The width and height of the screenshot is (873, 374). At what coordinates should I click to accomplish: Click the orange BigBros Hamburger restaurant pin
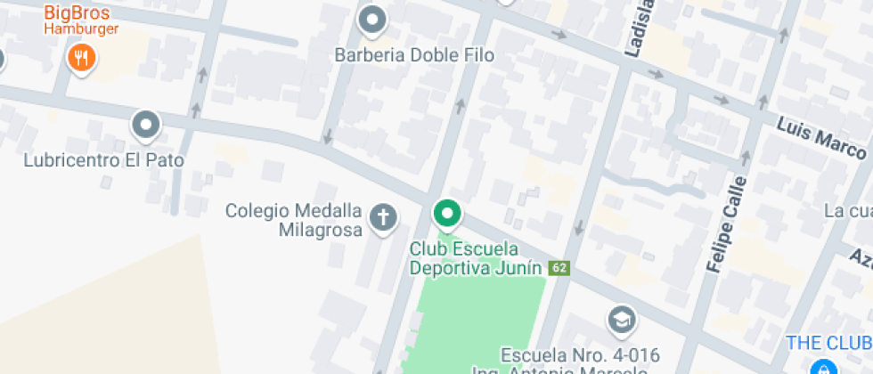pyautogui.click(x=81, y=59)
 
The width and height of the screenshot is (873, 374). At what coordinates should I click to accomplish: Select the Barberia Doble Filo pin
pyautogui.click(x=372, y=20)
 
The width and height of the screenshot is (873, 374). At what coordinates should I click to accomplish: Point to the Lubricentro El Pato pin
pyautogui.click(x=145, y=126)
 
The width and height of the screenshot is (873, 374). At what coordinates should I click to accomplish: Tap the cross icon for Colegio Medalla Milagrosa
pyautogui.click(x=383, y=216)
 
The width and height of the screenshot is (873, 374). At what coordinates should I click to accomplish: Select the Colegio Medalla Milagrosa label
pyautogui.click(x=294, y=221)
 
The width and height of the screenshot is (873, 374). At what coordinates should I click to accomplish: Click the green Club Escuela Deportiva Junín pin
pyautogui.click(x=447, y=214)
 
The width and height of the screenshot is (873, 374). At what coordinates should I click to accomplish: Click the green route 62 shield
pyautogui.click(x=559, y=268)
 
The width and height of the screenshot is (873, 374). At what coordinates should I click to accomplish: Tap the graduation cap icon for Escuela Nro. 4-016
pyautogui.click(x=621, y=318)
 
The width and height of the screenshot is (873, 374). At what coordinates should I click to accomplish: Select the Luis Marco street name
pyautogui.click(x=821, y=136)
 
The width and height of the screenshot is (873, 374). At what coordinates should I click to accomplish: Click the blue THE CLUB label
pyautogui.click(x=828, y=343)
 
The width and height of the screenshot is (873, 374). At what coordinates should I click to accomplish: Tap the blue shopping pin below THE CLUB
pyautogui.click(x=821, y=367)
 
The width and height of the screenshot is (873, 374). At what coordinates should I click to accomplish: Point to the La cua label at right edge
pyautogui.click(x=846, y=211)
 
